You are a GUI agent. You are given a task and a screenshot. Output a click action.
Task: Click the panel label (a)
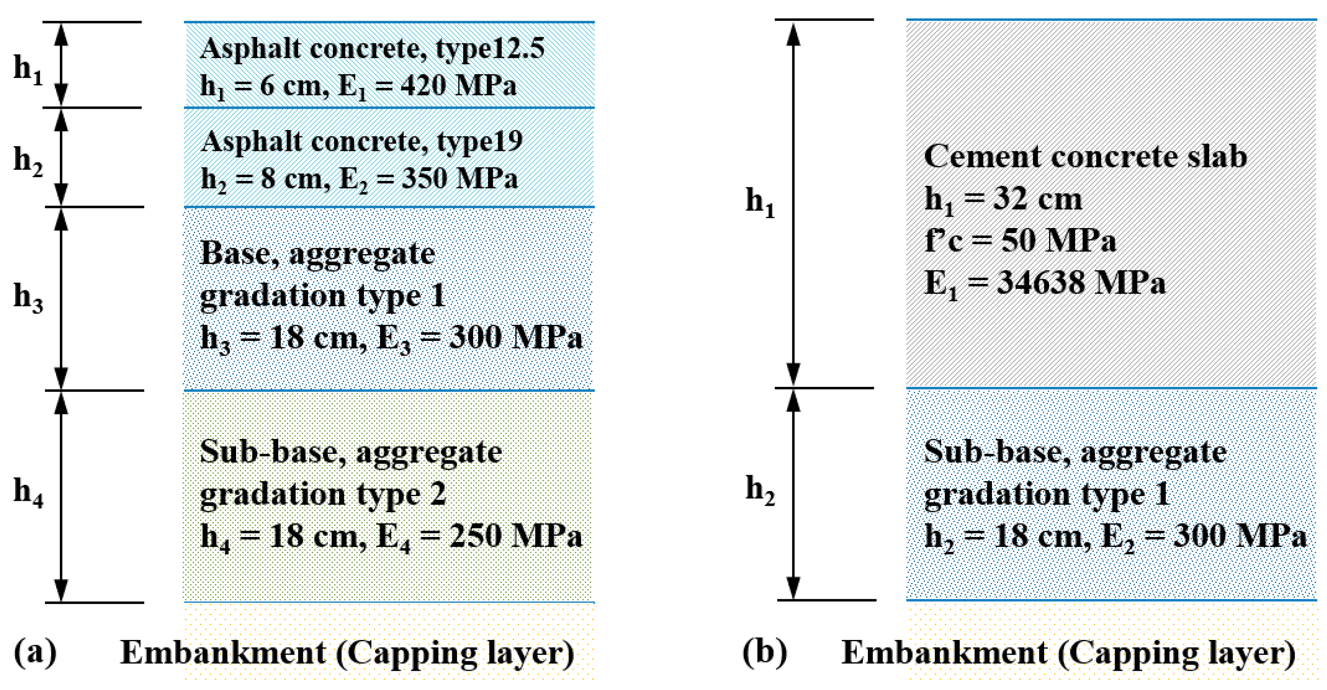[35, 652]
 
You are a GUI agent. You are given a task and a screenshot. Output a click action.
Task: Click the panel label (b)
[765, 652]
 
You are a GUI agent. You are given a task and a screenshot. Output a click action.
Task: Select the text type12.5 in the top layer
[490, 48]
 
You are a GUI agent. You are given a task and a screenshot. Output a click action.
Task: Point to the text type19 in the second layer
[480, 142]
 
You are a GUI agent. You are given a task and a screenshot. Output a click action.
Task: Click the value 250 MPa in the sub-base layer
[516, 535]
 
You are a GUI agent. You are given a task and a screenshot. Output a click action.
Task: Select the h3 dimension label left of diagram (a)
[28, 297]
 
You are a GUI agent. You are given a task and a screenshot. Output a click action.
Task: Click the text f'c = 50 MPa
[1020, 241]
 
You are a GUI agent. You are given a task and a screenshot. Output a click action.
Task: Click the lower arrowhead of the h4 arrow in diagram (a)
[61, 590]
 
